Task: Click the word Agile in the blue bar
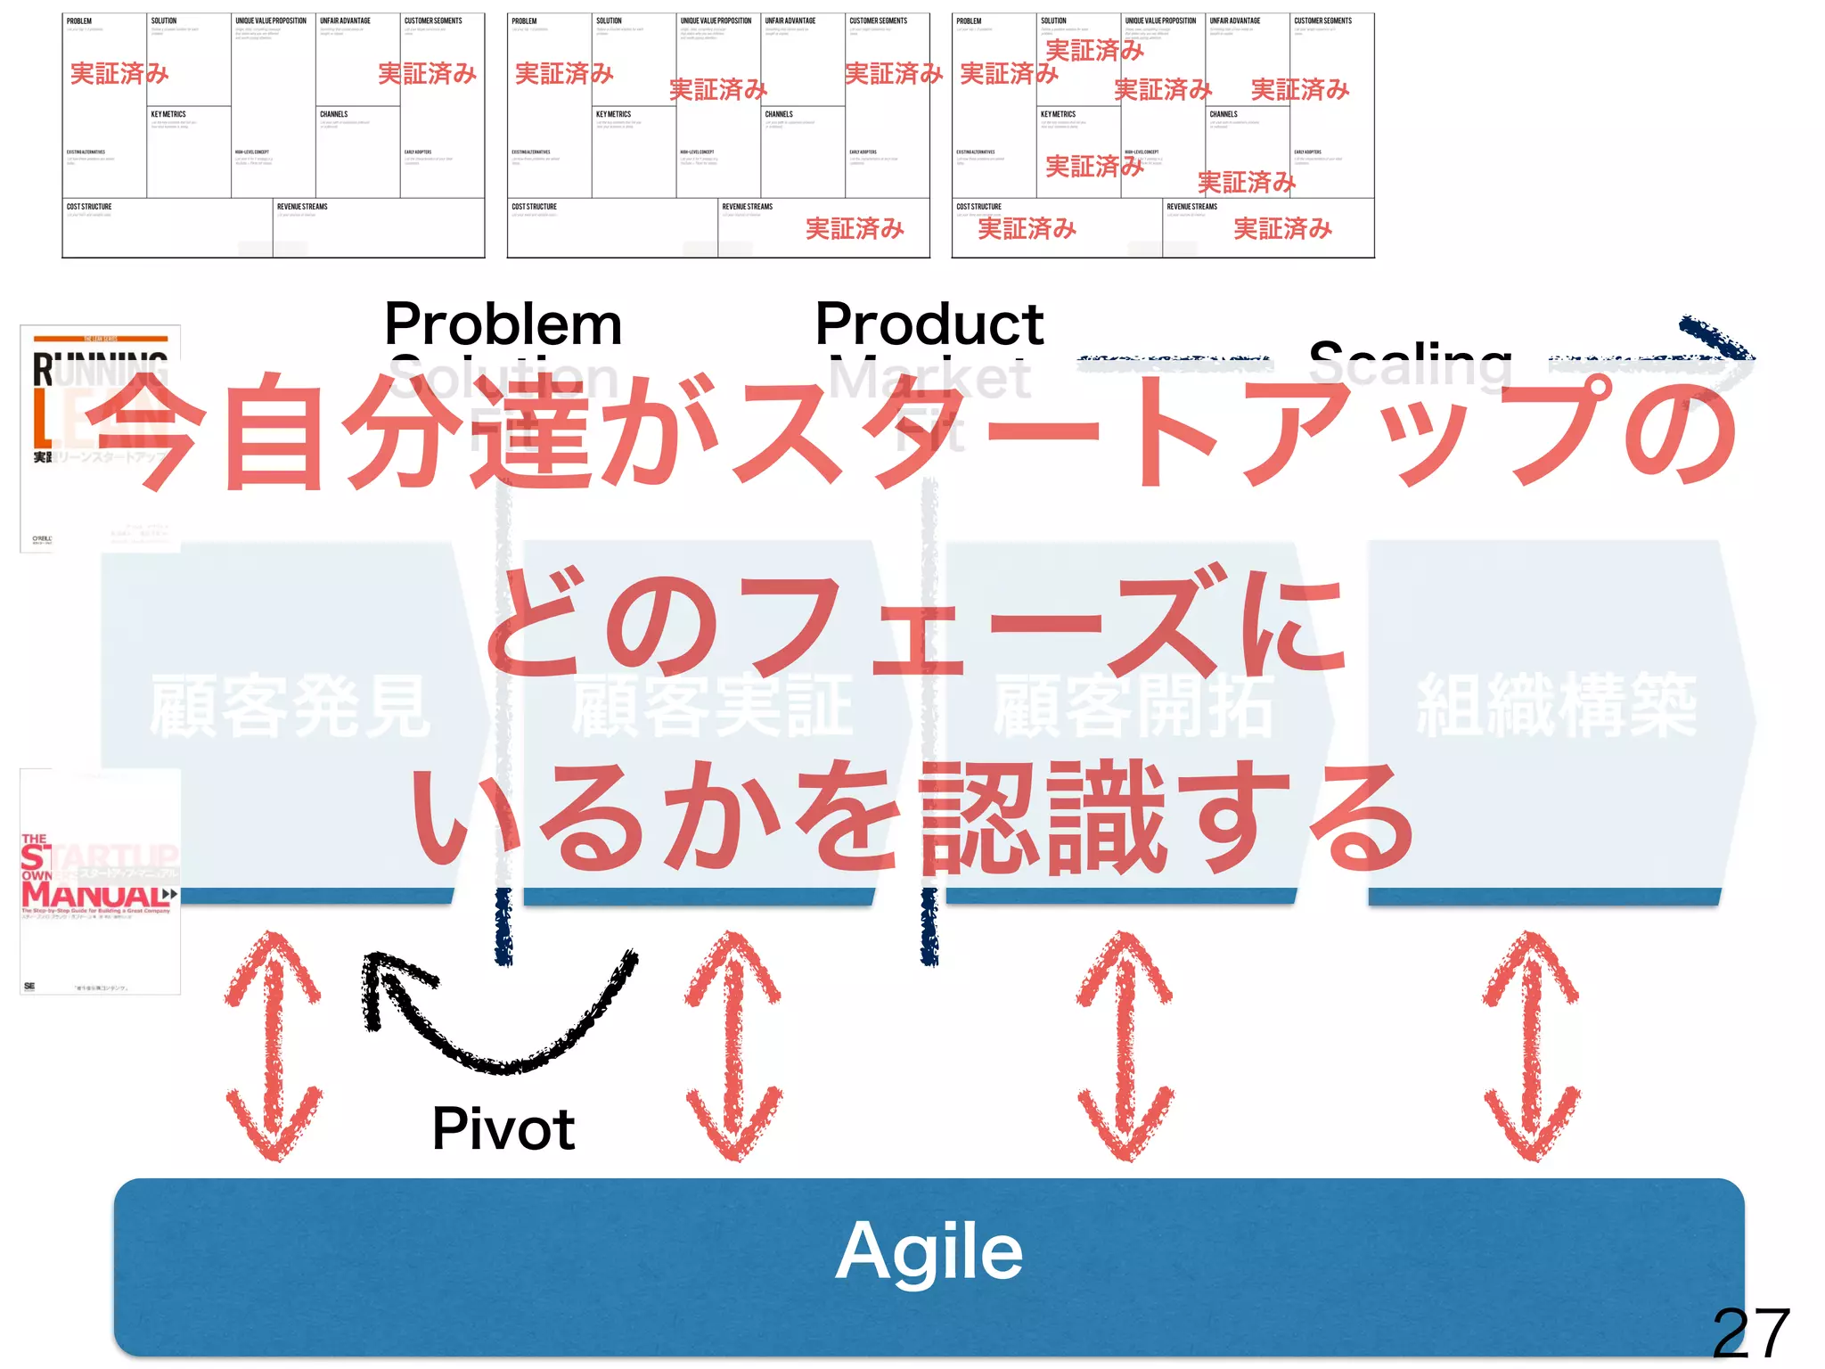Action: tap(929, 1251)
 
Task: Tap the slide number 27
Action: tap(1751, 1333)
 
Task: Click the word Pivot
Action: tap(503, 1129)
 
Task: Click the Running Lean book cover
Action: tap(100, 439)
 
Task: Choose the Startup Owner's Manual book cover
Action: tap(100, 881)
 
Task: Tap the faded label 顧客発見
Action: tap(290, 707)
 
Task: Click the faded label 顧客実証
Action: tap(712, 707)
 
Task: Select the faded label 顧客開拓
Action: tap(1133, 707)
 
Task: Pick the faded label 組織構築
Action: tap(1557, 707)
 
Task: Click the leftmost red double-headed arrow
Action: tap(273, 1045)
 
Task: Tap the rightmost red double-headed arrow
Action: tap(1531, 1045)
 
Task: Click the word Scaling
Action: tap(1411, 364)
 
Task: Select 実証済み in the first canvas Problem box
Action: tap(119, 74)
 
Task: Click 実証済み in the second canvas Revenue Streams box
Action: tap(855, 229)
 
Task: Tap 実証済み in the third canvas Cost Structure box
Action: tap(1027, 229)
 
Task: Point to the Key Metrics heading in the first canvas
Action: tap(168, 115)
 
